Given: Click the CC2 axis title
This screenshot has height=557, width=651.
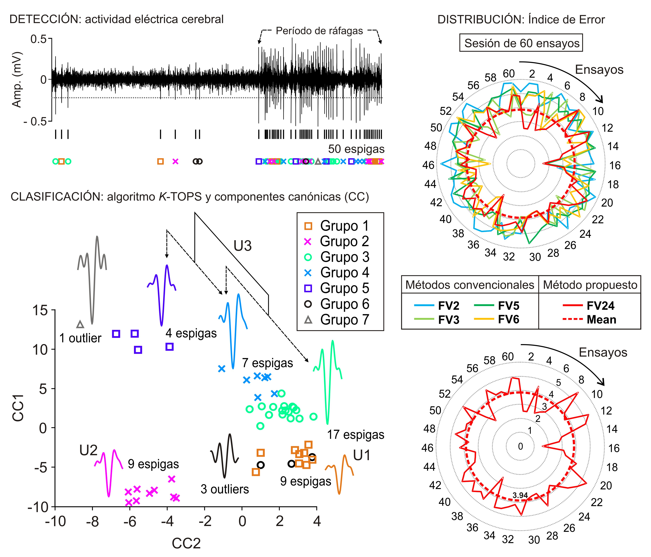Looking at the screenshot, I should [x=186, y=543].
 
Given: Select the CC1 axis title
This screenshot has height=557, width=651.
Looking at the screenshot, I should [x=18, y=408].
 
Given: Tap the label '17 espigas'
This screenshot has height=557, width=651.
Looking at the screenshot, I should [x=356, y=435].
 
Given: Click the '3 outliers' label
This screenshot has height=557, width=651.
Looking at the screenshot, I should [x=225, y=489].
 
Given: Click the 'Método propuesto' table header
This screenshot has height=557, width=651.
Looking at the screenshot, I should [x=590, y=285].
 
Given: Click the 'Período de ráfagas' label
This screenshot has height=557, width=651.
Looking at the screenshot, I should [x=319, y=31].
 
